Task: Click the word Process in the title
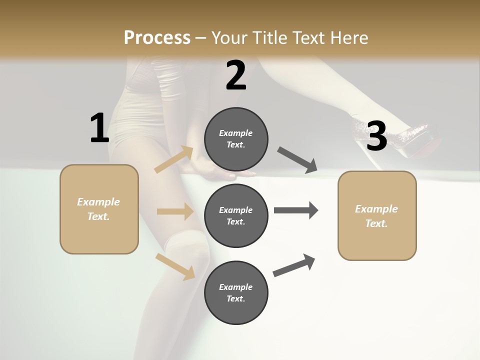point(157,37)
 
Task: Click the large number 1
point(99,128)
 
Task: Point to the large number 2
point(236,76)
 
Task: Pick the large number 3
point(376,136)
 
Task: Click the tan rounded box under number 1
point(99,209)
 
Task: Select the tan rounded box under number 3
point(377,215)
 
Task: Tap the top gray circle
point(236,139)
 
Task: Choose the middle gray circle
point(236,215)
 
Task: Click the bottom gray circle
point(236,292)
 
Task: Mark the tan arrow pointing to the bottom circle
point(175,266)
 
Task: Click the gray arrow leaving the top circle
point(297,159)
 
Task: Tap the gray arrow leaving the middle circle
point(295,210)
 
